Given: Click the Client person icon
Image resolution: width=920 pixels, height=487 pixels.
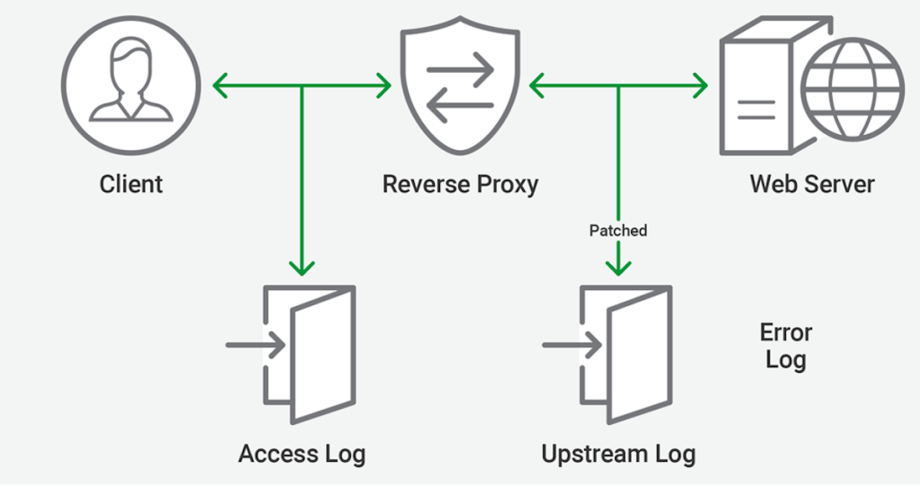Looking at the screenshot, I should point(131,86).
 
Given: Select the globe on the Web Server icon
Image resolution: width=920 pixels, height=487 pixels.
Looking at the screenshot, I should point(852,87).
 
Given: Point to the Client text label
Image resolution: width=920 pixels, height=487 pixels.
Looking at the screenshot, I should point(131,185).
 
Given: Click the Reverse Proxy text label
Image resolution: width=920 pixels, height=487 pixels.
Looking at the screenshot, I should point(460,185).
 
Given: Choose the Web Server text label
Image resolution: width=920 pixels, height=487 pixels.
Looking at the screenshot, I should point(812,185).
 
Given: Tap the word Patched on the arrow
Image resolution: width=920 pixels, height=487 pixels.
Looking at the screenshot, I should point(618,230).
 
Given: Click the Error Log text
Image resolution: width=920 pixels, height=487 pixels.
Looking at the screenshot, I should point(786,346).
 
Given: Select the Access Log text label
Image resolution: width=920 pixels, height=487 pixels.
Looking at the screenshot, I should point(302,454).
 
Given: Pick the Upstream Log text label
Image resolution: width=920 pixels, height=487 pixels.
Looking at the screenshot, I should point(618,454).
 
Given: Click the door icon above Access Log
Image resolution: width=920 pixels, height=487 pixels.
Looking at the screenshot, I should point(311,354).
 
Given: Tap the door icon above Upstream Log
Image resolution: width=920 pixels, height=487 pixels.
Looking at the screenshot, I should point(627,354).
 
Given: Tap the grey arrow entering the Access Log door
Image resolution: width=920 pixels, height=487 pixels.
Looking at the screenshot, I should point(256,345).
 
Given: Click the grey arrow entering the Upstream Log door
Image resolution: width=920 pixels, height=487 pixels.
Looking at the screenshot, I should point(572,345).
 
